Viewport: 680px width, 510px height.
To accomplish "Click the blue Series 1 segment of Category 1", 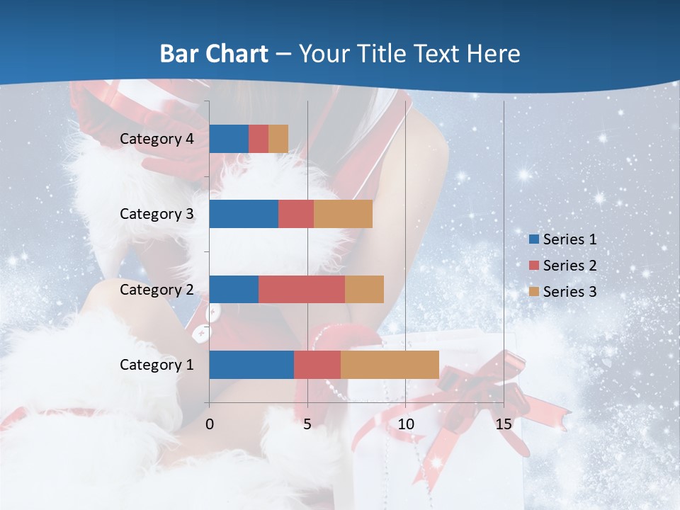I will [x=251, y=365].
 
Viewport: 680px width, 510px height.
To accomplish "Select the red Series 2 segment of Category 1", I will [x=317, y=365].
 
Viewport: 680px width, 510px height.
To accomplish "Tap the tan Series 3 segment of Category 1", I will [x=390, y=365].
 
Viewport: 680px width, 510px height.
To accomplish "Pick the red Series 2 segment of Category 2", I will [x=302, y=289].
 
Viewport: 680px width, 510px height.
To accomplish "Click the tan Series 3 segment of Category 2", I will [x=364, y=289].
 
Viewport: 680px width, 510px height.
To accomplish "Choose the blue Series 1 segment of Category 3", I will [x=244, y=214].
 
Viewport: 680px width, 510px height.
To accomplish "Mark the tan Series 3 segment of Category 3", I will [x=343, y=214].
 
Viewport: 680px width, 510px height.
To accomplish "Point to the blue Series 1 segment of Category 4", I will [x=229, y=139].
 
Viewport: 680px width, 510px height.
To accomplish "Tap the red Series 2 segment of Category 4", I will [x=259, y=139].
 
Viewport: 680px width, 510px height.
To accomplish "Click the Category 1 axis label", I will [x=157, y=365].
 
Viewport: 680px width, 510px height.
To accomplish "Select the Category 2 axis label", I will [x=157, y=289].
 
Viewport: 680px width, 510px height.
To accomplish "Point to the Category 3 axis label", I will [x=157, y=214].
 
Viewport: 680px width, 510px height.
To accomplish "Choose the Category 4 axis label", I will [x=157, y=139].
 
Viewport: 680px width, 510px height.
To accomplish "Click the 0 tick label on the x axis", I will [x=210, y=424].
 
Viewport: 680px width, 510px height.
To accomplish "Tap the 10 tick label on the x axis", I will [x=405, y=424].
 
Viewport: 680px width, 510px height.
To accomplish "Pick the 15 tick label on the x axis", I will [x=504, y=424].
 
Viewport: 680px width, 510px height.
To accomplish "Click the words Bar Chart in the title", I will [x=214, y=53].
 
